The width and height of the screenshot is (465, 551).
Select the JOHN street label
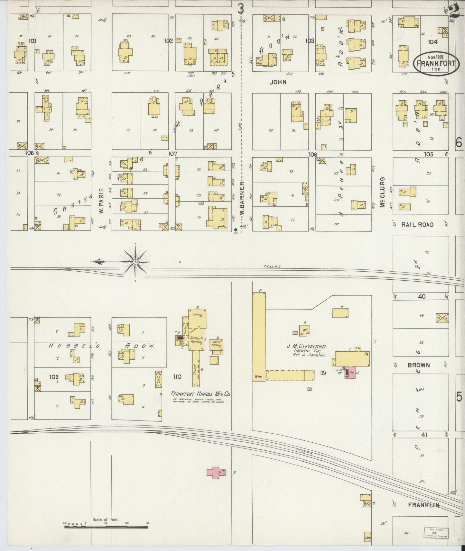tap(278, 82)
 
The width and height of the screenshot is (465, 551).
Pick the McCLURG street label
tap(382, 192)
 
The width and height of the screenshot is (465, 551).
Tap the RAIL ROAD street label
tap(417, 225)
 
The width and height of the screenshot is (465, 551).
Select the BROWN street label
tap(419, 365)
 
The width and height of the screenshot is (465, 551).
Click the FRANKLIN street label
tap(423, 505)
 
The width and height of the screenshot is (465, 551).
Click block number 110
tap(177, 377)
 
